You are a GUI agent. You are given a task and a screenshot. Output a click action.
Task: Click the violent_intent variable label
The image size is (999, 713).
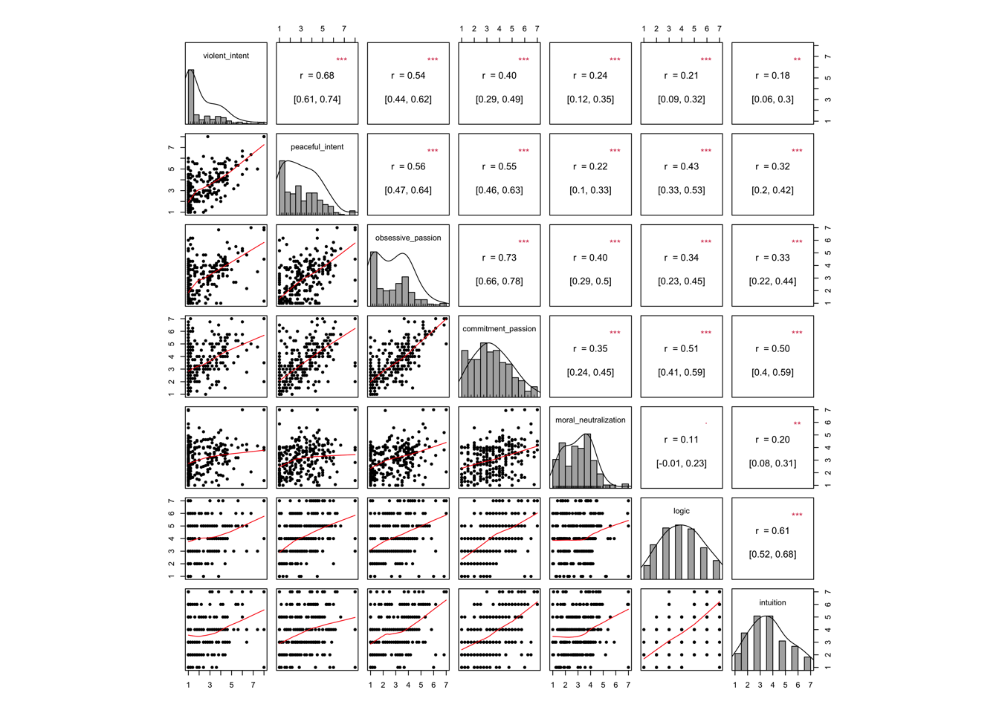coord(226,56)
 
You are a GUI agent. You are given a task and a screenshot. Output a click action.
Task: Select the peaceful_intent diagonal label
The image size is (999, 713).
coord(317,147)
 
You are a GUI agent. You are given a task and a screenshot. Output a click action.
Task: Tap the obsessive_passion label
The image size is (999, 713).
coord(408,238)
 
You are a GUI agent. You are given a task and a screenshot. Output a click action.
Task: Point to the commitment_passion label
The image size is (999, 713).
coord(499,329)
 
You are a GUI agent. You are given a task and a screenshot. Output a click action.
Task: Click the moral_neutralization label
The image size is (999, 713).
coord(590,420)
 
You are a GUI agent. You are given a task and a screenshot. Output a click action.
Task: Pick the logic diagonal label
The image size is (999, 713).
coord(682,511)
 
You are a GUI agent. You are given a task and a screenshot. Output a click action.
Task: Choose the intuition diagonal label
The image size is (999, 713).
coord(772,602)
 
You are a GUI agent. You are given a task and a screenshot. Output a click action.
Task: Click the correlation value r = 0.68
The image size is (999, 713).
coord(317,76)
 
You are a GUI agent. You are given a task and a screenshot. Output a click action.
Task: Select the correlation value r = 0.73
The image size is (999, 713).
coord(499,258)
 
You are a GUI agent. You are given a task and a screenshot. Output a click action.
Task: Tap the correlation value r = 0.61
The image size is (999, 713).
coord(773,531)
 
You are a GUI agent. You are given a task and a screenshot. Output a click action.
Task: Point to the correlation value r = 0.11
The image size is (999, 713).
coord(682,440)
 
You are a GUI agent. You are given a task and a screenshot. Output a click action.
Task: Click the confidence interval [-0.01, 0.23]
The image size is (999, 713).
coord(682,463)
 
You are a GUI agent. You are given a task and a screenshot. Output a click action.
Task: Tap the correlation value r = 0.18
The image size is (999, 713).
coord(773,76)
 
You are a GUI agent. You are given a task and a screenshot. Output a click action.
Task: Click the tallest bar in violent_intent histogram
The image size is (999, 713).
coord(191,97)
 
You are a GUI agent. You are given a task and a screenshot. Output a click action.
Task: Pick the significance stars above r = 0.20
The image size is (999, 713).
coord(797,424)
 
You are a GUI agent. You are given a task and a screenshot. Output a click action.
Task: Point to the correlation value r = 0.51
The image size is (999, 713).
coord(682,349)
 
